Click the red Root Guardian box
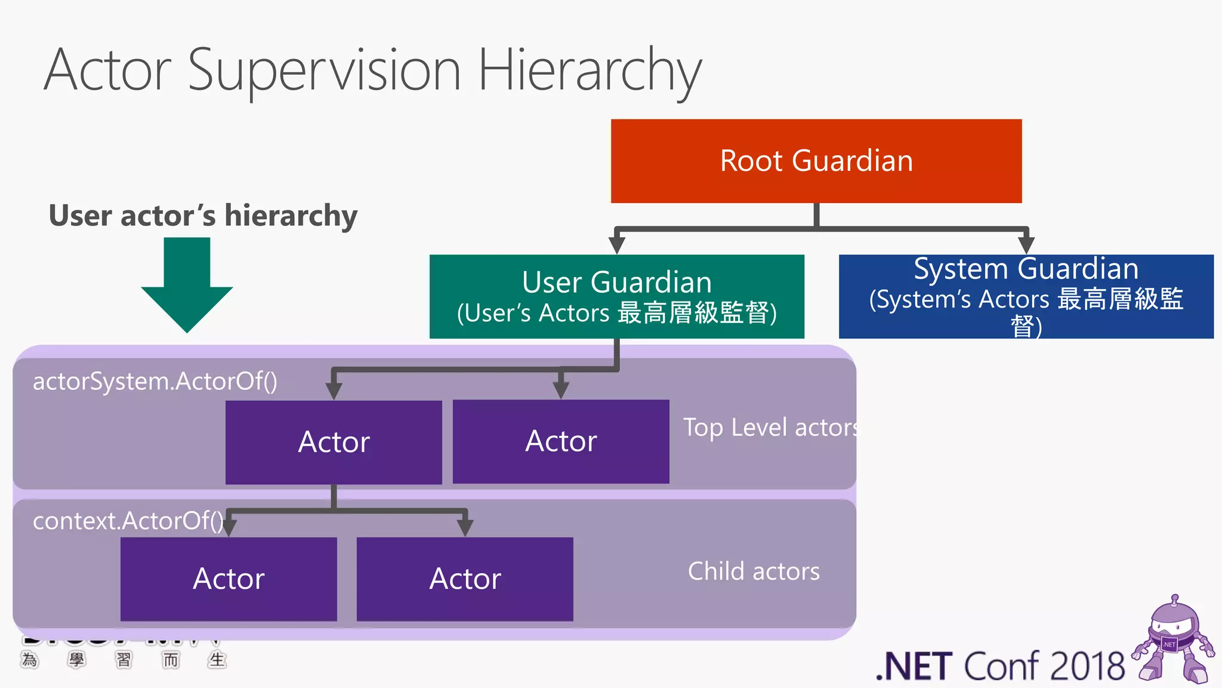point(816,161)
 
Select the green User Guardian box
point(616,297)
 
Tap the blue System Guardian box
point(1026,297)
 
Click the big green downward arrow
point(187,285)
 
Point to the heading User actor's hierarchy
point(203,216)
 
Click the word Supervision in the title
point(324,70)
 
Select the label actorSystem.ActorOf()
point(155,382)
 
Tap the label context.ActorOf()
point(128,521)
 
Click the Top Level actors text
point(770,428)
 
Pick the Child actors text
point(754,572)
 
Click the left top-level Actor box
point(334,442)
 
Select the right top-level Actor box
point(561,441)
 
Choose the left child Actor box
point(229,579)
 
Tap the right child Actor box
point(465,579)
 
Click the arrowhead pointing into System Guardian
point(1026,244)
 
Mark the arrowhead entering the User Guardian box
point(616,244)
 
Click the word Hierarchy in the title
point(590,70)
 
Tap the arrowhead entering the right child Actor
point(465,527)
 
